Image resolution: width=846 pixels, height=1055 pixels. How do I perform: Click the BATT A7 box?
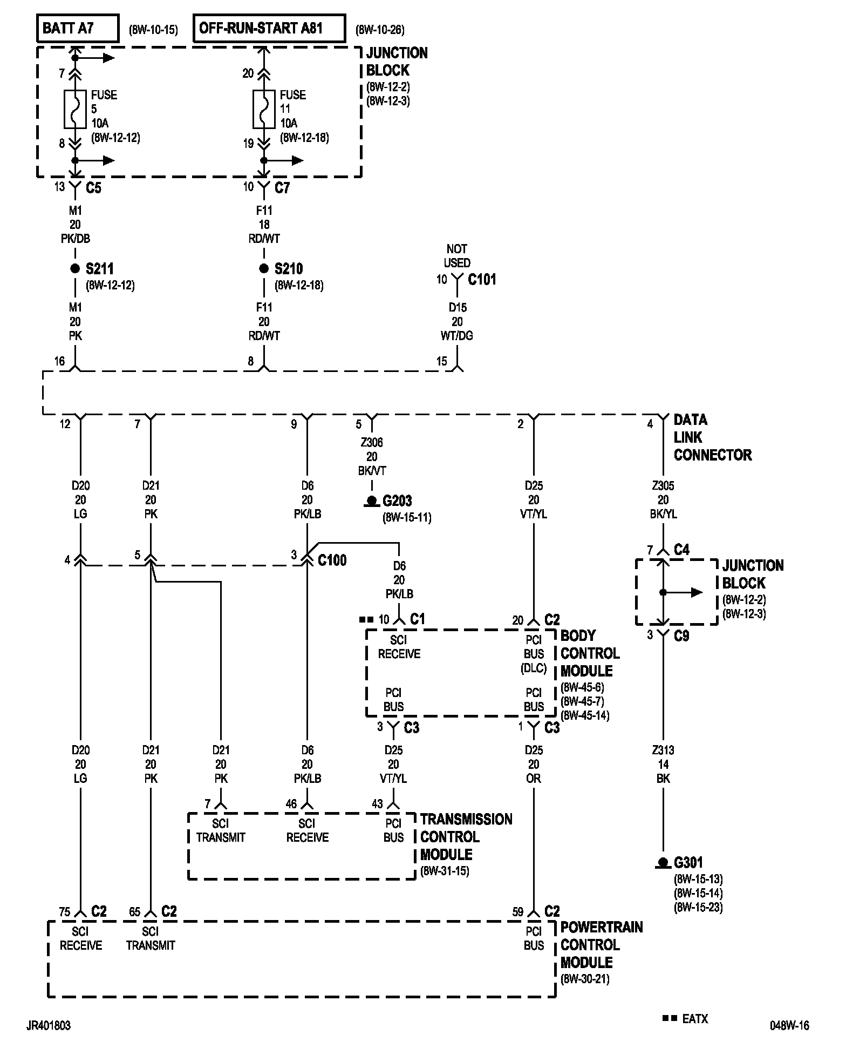pos(77,28)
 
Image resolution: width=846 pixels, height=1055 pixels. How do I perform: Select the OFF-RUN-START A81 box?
pos(269,28)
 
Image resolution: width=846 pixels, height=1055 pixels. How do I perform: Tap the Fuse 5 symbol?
pos(75,109)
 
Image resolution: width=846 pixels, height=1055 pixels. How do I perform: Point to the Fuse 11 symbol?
pos(264,109)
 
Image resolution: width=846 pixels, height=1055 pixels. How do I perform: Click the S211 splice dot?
pos(75,269)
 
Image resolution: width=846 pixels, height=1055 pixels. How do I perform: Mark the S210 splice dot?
pos(264,269)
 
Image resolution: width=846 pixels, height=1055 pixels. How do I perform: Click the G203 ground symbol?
pos(372,502)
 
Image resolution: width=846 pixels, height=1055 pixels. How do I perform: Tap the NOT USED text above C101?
pos(457,256)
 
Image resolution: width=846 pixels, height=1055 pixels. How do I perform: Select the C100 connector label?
pos(332,560)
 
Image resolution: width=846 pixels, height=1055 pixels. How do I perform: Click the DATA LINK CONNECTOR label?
pos(712,437)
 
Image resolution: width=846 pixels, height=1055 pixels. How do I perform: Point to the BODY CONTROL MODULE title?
pos(590,653)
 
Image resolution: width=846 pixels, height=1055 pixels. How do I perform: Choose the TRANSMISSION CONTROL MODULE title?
pos(466,837)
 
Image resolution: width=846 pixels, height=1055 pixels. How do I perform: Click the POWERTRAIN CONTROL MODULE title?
pos(601,945)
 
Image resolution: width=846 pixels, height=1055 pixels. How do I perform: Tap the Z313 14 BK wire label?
pos(663,764)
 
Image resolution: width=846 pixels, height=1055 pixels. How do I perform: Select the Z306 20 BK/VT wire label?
pos(372,457)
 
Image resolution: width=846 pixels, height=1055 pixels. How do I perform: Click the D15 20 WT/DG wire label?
pos(457,322)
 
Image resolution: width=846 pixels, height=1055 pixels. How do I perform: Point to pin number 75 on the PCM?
pos(65,912)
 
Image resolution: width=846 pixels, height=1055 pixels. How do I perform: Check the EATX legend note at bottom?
pos(686,1019)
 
